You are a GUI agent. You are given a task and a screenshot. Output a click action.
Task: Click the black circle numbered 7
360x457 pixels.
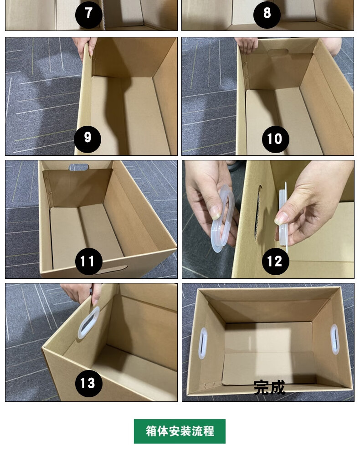[x=88, y=15]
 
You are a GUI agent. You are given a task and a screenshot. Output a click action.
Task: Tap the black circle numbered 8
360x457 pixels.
[x=267, y=15]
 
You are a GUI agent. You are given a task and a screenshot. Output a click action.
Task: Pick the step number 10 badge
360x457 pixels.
[x=275, y=139]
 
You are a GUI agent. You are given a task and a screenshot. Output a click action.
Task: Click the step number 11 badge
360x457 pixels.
[x=88, y=261]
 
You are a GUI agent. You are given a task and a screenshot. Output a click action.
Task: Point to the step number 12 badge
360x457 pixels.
[x=275, y=261]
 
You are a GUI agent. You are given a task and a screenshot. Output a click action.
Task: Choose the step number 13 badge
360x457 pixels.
[x=88, y=383]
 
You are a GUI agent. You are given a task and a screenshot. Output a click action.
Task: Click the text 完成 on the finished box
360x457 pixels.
[x=269, y=388]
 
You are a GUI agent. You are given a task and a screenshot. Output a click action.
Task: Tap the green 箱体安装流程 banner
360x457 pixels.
[x=180, y=431]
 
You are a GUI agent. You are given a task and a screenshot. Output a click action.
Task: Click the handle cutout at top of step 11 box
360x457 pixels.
[x=79, y=167]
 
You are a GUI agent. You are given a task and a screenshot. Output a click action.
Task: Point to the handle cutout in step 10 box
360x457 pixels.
[x=278, y=53]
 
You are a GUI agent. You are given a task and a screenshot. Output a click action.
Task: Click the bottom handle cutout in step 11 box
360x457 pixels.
[x=112, y=270]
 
